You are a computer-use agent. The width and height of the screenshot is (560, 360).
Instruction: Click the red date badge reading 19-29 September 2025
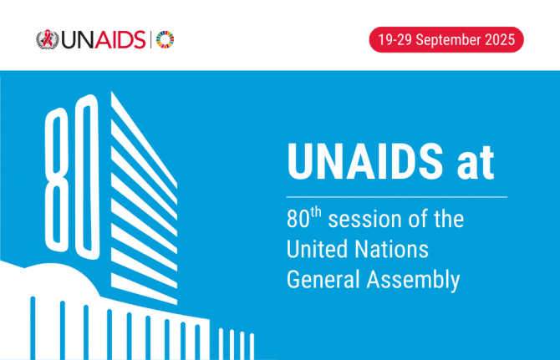click(446, 39)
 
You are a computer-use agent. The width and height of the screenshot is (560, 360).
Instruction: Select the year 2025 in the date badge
click(500, 39)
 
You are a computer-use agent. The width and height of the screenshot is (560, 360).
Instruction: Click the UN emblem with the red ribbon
click(48, 39)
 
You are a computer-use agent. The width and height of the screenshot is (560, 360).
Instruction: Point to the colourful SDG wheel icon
click(165, 39)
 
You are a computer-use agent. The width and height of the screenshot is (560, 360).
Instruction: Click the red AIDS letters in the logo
click(120, 39)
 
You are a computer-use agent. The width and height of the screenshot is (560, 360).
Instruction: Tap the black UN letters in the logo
click(78, 40)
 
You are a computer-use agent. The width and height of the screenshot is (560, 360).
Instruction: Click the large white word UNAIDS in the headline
click(365, 161)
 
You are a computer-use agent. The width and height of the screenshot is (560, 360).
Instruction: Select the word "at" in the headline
click(476, 165)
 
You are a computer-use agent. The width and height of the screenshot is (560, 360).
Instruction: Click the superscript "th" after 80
click(316, 212)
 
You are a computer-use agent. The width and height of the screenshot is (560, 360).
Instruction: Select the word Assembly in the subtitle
click(413, 281)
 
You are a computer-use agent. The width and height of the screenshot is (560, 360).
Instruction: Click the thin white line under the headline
click(397, 196)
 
